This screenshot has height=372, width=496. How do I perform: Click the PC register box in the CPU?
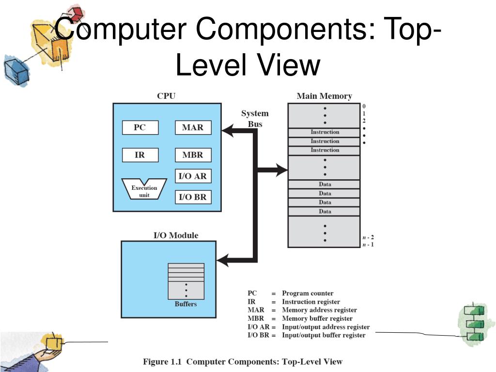tap(139, 128)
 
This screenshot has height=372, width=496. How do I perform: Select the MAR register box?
tap(193, 128)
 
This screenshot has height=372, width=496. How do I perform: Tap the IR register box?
tap(139, 155)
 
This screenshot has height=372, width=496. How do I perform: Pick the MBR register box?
tap(193, 155)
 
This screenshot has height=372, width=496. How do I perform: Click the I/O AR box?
tap(193, 176)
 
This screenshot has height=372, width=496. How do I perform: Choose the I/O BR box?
tap(193, 197)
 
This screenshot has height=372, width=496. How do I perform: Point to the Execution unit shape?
tap(144, 189)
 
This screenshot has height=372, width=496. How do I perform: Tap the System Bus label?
tap(255, 119)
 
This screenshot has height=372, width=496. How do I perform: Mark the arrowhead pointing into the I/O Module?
tap(223, 261)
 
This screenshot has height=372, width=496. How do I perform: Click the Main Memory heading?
tap(324, 96)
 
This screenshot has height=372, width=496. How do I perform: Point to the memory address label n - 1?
tap(368, 245)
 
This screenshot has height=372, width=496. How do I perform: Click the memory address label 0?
tap(364, 106)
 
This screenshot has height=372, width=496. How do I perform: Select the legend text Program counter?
tap(308, 293)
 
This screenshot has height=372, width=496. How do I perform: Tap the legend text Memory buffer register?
tap(317, 318)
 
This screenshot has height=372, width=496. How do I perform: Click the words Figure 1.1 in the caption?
tap(163, 361)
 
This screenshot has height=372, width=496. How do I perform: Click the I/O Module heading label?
tap(176, 235)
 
